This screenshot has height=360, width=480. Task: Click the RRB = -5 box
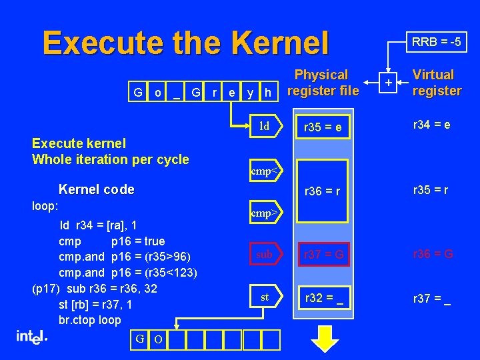pos(437,43)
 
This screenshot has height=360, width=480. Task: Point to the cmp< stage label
pos(264,171)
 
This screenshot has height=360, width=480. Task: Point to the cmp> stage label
pos(264,214)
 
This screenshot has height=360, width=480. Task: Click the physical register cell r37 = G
pos(324,254)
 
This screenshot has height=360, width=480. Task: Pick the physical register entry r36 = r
pos(324,191)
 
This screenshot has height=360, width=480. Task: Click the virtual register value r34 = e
pos(431,124)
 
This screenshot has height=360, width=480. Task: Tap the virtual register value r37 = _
pos(431,298)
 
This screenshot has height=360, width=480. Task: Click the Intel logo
pos(31,338)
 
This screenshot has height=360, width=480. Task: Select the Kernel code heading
pos(97,189)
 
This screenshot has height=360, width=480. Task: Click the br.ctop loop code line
pos(90,319)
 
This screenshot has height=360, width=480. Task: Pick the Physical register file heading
pos(321,83)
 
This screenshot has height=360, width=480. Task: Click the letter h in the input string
pos(267,92)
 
